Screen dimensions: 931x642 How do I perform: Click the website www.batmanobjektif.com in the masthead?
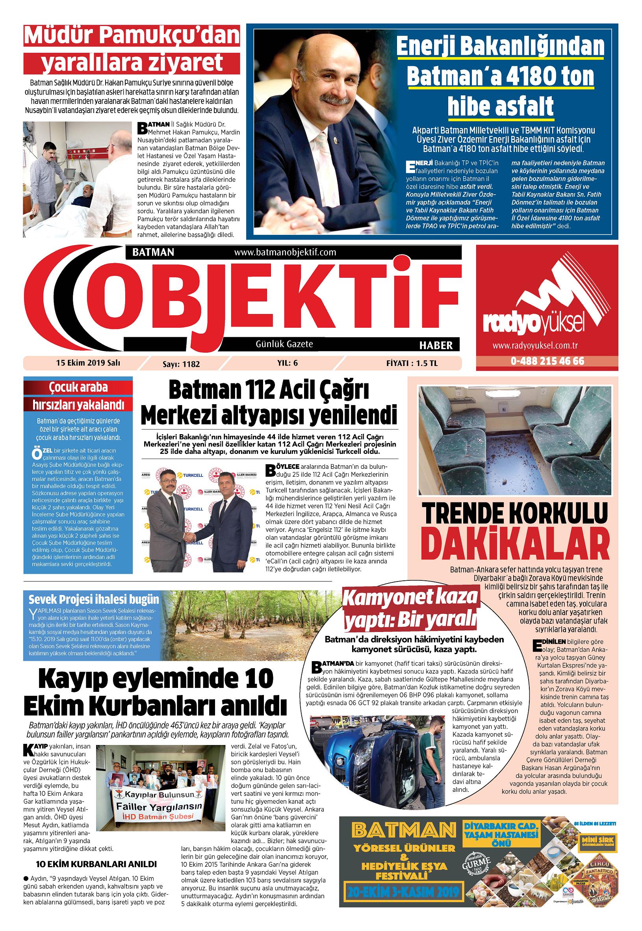tap(284, 252)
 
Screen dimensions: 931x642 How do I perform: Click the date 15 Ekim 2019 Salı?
tap(89, 362)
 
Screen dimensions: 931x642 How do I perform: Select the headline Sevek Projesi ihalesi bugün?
tap(94, 600)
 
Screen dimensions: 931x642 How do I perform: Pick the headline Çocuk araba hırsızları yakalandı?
tap(78, 396)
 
